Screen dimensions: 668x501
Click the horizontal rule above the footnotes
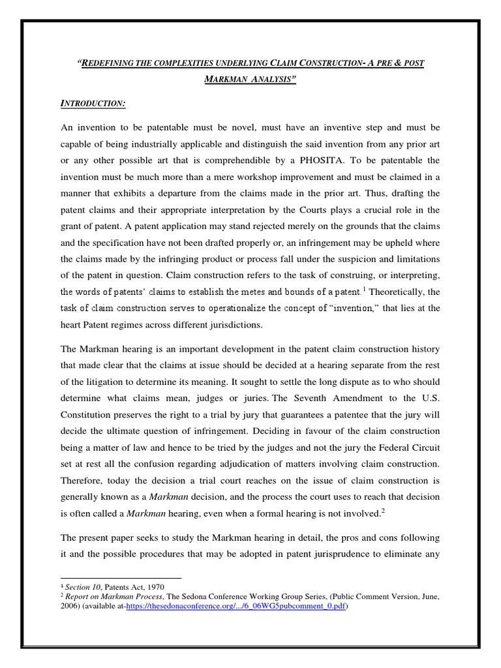pyautogui.click(x=121, y=577)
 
